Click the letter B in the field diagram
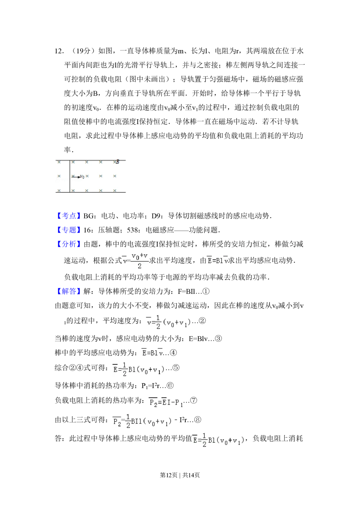pyautogui.click(x=117, y=162)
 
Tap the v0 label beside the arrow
pyautogui.click(x=82, y=177)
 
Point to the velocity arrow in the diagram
pyautogui.click(x=76, y=177)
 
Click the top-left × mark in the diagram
pyautogui.click(x=59, y=162)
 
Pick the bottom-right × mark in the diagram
pyautogui.click(x=115, y=190)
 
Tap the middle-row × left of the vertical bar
pyautogui.click(x=59, y=176)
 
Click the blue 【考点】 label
pyautogui.click(x=69, y=216)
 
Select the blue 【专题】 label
pyautogui.click(x=69, y=230)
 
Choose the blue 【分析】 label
pyautogui.click(x=69, y=244)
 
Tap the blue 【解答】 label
pyautogui.click(x=69, y=291)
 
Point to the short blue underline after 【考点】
pyautogui.click(x=92, y=220)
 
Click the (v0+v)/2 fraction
pyautogui.click(x=140, y=261)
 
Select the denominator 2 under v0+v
pyautogui.click(x=140, y=266)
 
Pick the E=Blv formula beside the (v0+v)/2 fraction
pyautogui.click(x=217, y=261)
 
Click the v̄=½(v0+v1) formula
pyautogui.click(x=168, y=321)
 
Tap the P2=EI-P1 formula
pyautogui.click(x=166, y=402)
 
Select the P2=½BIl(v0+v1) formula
pyautogui.click(x=143, y=420)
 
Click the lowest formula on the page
pyautogui.click(x=219, y=439)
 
